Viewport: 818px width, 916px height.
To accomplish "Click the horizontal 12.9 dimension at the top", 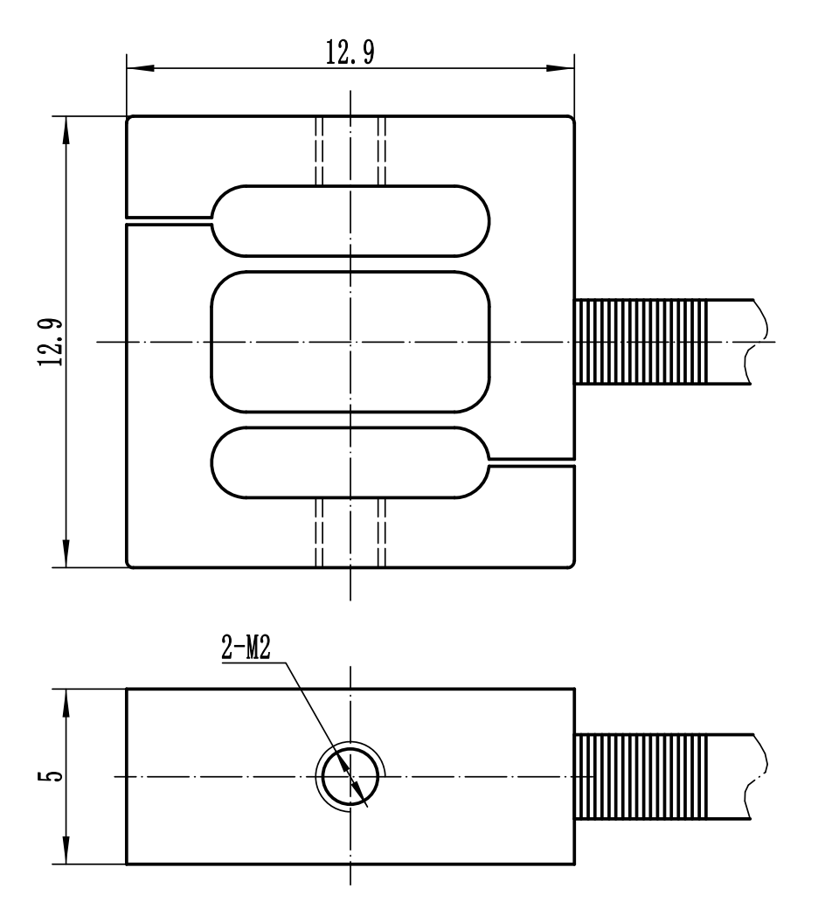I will click(350, 54).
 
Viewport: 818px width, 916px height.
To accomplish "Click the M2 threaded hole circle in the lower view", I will click(350, 776).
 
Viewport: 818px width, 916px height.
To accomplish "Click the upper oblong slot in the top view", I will click(350, 220).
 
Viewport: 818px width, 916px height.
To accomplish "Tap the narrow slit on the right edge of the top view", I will click(531, 462).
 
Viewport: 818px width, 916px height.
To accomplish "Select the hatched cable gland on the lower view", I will click(640, 776).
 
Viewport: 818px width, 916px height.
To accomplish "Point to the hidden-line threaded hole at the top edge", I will click(350, 150).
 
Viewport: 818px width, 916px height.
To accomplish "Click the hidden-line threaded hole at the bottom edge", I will click(350, 531).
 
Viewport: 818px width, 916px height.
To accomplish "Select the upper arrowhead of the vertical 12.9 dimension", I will click(66, 128).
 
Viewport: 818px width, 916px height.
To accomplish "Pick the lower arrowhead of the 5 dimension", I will click(66, 854).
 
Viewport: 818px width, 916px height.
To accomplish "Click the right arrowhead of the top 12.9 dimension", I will click(563, 67).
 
